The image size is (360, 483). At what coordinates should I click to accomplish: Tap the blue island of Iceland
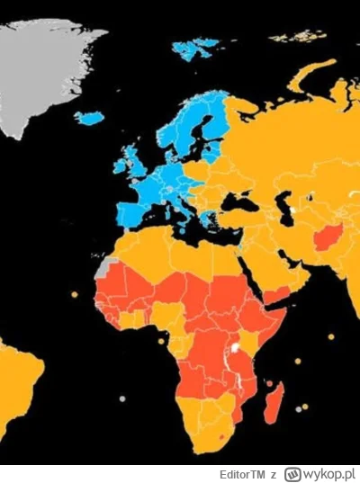(89, 118)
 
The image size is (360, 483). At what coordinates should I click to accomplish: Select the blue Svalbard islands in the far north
(196, 47)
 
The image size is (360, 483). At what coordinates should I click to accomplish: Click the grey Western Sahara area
(109, 267)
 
